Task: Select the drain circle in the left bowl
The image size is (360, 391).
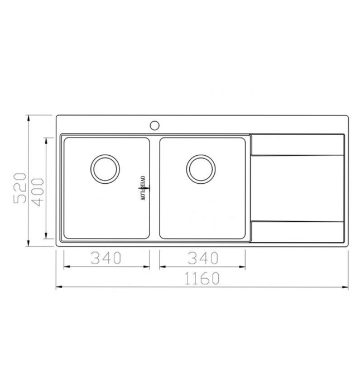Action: [105, 168]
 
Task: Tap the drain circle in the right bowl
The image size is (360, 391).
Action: [201, 168]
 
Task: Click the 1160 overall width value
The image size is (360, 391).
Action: [201, 279]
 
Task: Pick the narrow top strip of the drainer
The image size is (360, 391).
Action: [297, 145]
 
